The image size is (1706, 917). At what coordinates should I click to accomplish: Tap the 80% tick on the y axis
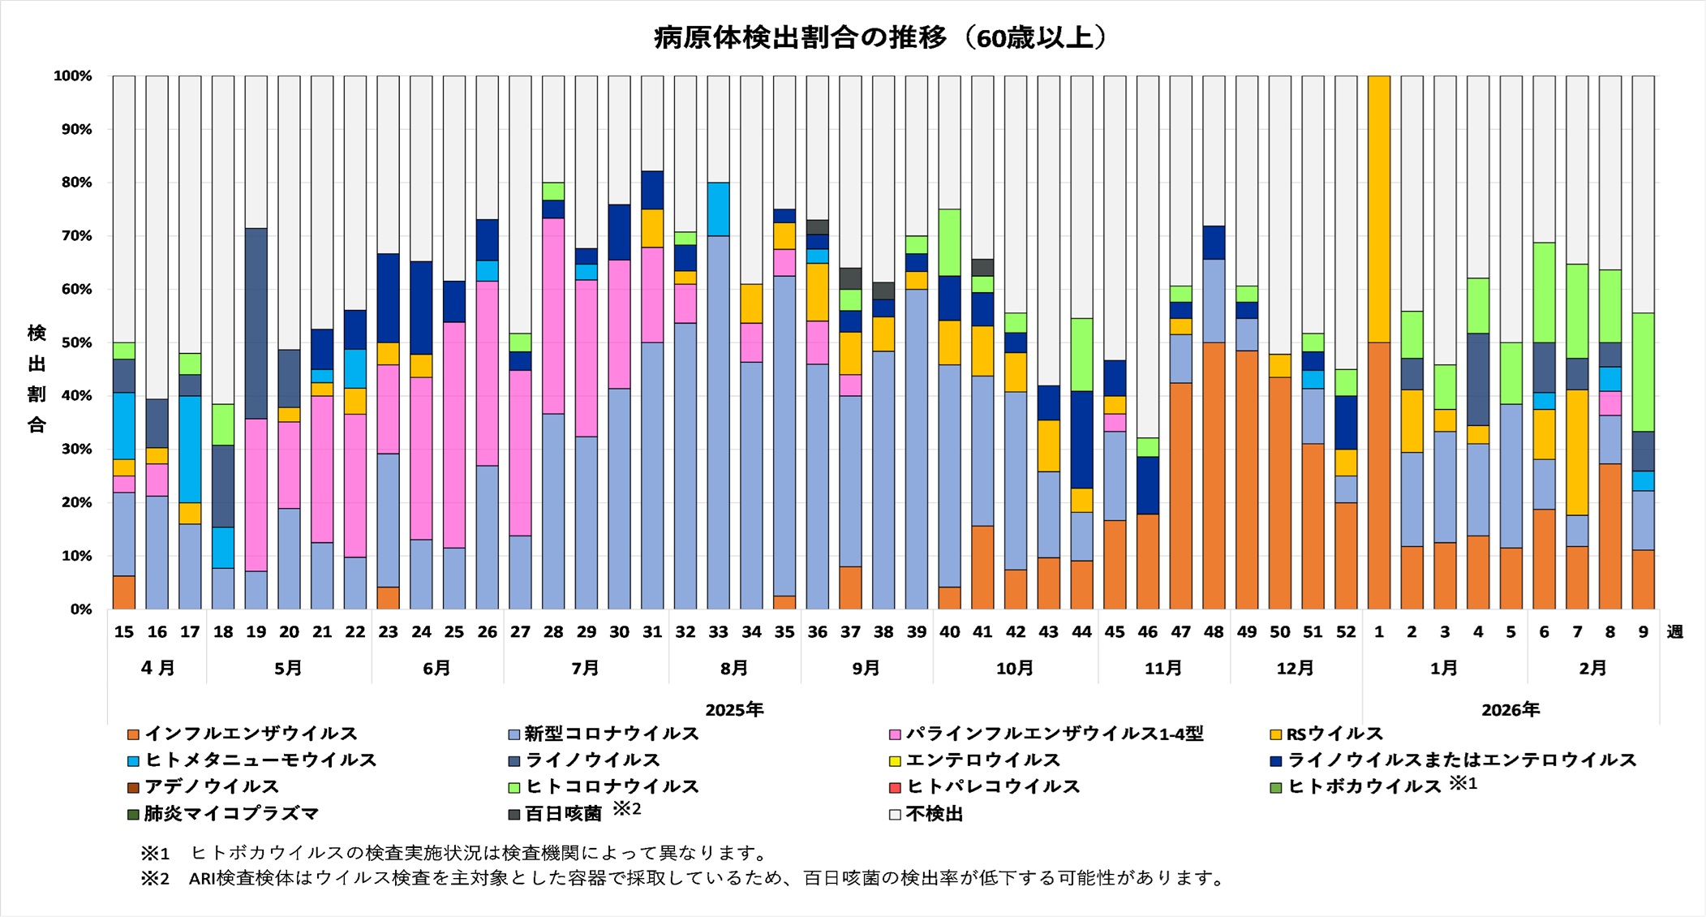[73, 183]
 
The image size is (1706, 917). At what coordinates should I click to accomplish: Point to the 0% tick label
[80, 609]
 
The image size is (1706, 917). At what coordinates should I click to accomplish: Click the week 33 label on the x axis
[718, 632]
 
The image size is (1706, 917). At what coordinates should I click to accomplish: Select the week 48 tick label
[1214, 632]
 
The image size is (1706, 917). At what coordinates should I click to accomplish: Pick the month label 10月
[1015, 669]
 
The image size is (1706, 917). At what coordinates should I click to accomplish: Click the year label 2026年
[1510, 710]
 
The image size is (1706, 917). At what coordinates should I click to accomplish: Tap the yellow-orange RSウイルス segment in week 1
[1379, 209]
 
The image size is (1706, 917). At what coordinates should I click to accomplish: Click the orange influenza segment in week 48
[1214, 476]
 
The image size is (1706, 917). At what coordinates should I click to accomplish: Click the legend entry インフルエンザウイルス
[251, 734]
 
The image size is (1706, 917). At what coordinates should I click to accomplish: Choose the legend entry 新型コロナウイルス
[611, 734]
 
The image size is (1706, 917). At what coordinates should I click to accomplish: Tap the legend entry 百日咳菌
[563, 813]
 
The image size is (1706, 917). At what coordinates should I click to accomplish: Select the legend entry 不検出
[934, 814]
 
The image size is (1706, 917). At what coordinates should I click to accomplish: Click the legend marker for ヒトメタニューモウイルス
[134, 761]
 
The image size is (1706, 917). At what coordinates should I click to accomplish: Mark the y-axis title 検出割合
[37, 379]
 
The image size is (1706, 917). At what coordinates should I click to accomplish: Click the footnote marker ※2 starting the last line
[154, 878]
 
